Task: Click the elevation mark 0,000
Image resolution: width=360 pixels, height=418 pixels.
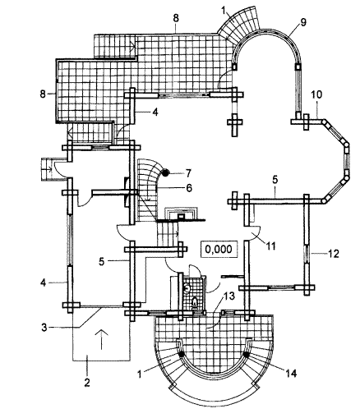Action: click(x=219, y=250)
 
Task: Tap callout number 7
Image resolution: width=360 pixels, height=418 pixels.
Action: click(x=188, y=172)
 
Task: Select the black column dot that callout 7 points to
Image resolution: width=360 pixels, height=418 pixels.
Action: click(x=165, y=172)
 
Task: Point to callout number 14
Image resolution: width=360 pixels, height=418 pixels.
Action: click(x=291, y=373)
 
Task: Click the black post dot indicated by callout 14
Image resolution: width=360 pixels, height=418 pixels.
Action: click(x=246, y=355)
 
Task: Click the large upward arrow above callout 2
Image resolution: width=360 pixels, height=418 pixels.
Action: click(x=101, y=339)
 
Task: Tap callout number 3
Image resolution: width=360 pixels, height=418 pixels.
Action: click(x=44, y=328)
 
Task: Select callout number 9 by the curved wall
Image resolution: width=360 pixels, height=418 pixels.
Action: click(x=303, y=23)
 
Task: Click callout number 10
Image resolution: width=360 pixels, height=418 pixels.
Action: click(x=316, y=94)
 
